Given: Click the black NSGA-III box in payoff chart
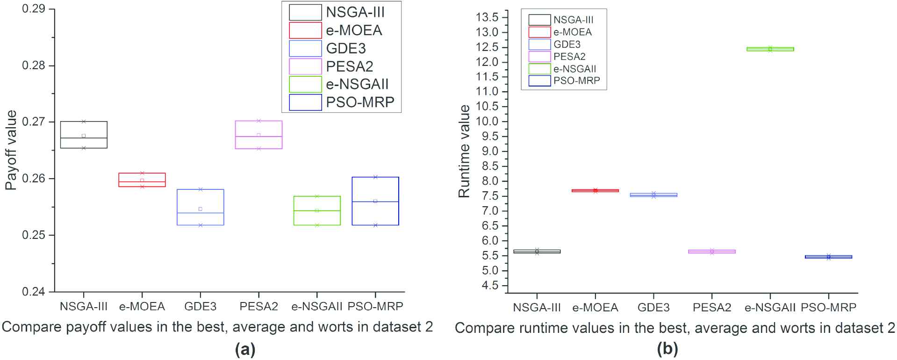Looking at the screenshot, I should [x=84, y=135].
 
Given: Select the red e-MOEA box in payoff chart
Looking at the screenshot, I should [x=142, y=180].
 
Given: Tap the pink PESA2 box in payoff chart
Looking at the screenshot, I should [x=258, y=135].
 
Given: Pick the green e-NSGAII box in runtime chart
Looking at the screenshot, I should [x=770, y=49].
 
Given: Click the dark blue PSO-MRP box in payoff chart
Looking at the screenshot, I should [x=375, y=201].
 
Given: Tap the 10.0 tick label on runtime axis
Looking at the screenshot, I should [x=487, y=122].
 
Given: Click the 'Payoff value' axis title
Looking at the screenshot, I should [x=11, y=150].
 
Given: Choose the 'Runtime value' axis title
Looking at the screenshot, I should [x=464, y=151].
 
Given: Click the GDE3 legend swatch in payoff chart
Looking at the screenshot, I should [x=306, y=49].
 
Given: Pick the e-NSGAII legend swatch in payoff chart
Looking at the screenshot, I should [x=306, y=85].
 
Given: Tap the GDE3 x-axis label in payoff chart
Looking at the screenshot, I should [x=200, y=307].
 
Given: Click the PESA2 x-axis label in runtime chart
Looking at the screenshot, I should [x=711, y=308].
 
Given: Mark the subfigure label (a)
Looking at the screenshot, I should [x=245, y=349].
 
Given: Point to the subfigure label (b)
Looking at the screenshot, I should [x=667, y=349].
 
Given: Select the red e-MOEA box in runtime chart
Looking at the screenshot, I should [x=595, y=190].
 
